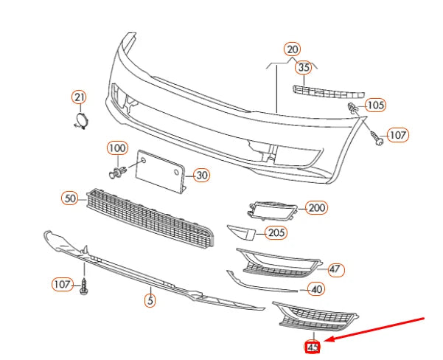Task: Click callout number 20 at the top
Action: tap(293, 49)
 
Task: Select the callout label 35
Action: tap(304, 68)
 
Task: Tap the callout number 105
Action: tap(374, 105)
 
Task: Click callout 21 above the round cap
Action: tap(79, 97)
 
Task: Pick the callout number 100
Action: tap(117, 148)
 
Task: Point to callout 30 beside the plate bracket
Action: tap(201, 176)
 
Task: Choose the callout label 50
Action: tap(70, 198)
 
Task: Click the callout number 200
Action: tap(316, 208)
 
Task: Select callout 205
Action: tap(276, 233)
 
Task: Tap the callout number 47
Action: tap(335, 269)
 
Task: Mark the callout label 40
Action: tap(316, 289)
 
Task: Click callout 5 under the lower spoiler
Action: tap(150, 300)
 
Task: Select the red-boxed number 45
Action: tap(313, 347)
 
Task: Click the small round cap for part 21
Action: tap(81, 120)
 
